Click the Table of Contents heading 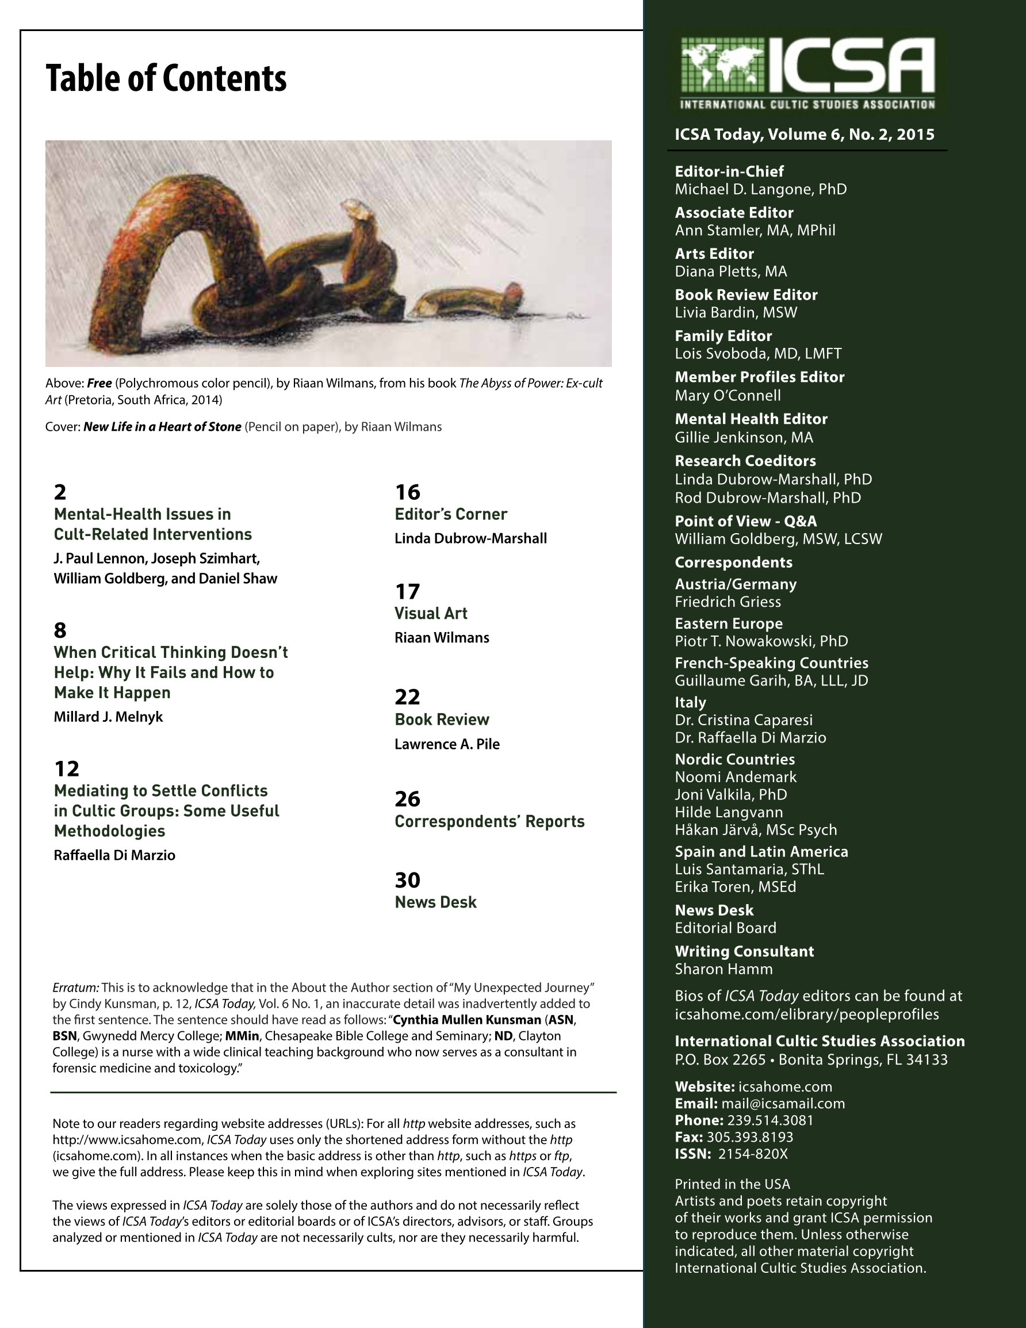[x=166, y=78]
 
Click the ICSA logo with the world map [x=807, y=73]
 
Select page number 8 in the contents [x=60, y=630]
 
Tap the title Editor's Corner [x=451, y=514]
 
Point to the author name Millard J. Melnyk [x=108, y=717]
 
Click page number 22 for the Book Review [x=408, y=697]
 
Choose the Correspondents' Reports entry [x=489, y=821]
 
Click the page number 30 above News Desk [x=408, y=881]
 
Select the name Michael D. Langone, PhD [x=760, y=190]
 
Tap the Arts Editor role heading [x=714, y=254]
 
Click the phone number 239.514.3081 [x=770, y=1120]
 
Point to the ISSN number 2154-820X [x=753, y=1154]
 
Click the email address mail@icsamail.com [x=783, y=1104]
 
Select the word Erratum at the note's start [x=76, y=988]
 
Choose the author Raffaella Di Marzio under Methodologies [x=114, y=856]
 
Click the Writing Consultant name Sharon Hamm [x=723, y=969]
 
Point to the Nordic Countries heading [x=734, y=759]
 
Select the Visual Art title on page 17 [x=431, y=614]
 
